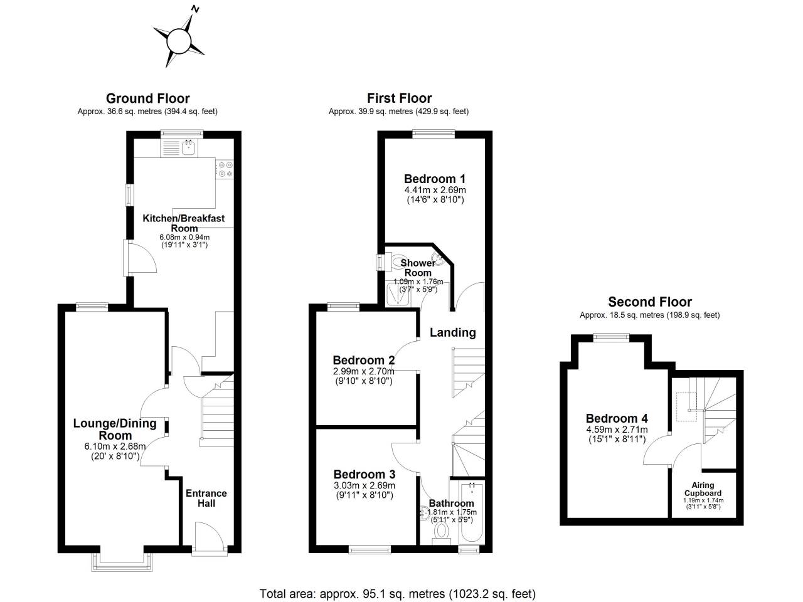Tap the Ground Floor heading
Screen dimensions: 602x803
pyautogui.click(x=147, y=98)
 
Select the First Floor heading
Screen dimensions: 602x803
pyautogui.click(x=399, y=98)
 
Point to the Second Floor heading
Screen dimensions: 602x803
pyautogui.click(x=649, y=302)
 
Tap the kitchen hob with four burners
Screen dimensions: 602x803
pyautogui.click(x=225, y=169)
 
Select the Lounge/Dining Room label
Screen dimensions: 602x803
pyautogui.click(x=115, y=429)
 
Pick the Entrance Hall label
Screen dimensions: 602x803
pyautogui.click(x=206, y=498)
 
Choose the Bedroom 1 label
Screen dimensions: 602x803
pyautogui.click(x=435, y=179)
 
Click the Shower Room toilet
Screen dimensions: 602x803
pyautogui.click(x=398, y=259)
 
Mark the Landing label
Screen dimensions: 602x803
pyautogui.click(x=452, y=332)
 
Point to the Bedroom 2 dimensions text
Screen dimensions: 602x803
pyautogui.click(x=363, y=376)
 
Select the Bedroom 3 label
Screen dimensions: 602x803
pyautogui.click(x=364, y=475)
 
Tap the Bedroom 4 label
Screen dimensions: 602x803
pyautogui.click(x=617, y=418)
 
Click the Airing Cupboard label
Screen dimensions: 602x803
pyautogui.click(x=703, y=489)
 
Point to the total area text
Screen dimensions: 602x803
pyautogui.click(x=398, y=593)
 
